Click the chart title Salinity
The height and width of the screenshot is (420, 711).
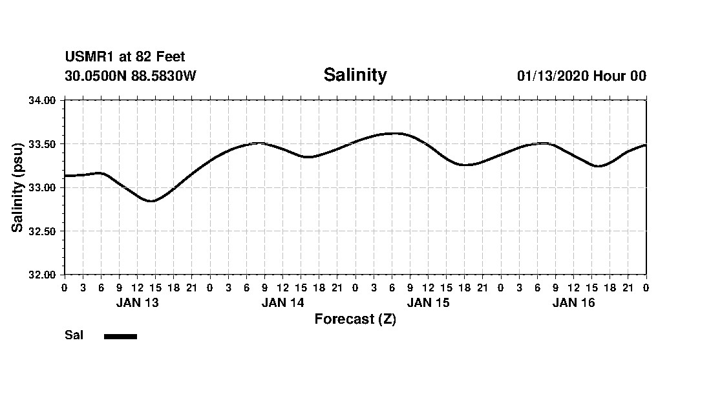(355, 75)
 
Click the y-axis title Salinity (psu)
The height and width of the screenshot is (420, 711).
(17, 187)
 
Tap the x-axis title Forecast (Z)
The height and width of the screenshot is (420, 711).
(355, 319)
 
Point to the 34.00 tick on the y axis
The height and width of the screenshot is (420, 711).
(43, 100)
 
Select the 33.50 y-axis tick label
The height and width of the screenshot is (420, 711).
(43, 144)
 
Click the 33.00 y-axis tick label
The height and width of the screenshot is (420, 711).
(43, 187)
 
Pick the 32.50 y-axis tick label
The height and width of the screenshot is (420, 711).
(43, 231)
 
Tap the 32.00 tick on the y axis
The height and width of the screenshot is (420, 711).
(43, 275)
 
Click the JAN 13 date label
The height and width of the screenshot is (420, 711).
(137, 303)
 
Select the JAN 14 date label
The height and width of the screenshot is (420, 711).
(282, 303)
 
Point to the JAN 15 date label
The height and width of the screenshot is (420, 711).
(428, 303)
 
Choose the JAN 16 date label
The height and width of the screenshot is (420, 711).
(573, 303)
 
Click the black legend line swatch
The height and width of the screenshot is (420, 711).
(120, 336)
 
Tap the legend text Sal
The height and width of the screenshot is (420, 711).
(74, 335)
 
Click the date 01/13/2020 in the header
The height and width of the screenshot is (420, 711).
(553, 76)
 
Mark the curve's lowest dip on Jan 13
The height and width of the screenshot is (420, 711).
(151, 201)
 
